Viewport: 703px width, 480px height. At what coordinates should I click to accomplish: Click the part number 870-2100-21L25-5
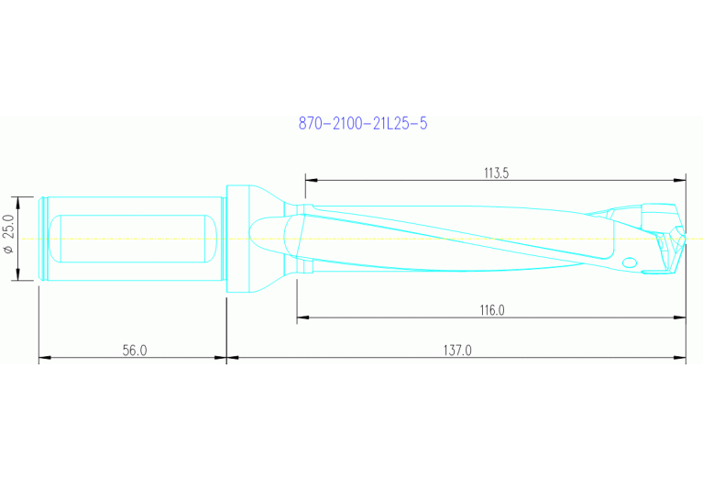[x=363, y=123]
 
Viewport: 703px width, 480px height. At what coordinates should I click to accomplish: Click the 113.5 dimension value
[x=496, y=173]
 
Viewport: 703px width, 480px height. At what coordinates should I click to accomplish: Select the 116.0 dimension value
[x=492, y=310]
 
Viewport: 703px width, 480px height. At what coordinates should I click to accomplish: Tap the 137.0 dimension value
[x=457, y=350]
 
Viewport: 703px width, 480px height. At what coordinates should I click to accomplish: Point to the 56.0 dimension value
[x=135, y=351]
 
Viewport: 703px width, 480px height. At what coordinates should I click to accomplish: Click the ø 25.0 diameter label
[x=9, y=233]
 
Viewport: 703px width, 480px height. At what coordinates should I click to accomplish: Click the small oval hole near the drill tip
[x=630, y=262]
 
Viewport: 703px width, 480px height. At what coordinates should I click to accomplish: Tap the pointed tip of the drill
[x=686, y=239]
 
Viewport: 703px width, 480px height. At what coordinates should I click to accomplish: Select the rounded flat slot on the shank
[x=133, y=239]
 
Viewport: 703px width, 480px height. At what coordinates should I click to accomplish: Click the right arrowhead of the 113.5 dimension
[x=680, y=180]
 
